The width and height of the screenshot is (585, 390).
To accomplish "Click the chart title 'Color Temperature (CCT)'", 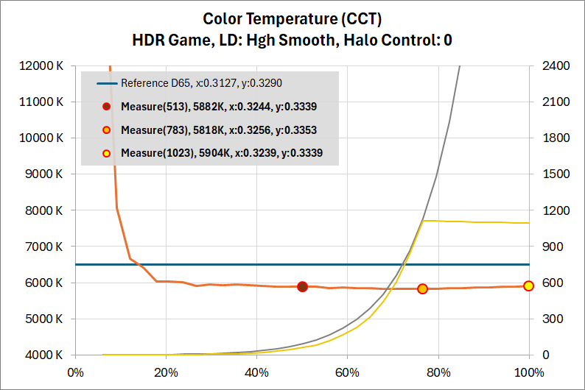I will (292, 18).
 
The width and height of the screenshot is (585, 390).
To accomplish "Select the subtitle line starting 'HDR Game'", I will (292, 40).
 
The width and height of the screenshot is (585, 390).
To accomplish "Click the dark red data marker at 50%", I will (302, 286).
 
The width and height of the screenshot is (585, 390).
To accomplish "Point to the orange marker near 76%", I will (422, 289).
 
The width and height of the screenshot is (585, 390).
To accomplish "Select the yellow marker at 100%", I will (528, 286).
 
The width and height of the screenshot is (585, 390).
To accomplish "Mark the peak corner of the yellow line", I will (424, 220).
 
